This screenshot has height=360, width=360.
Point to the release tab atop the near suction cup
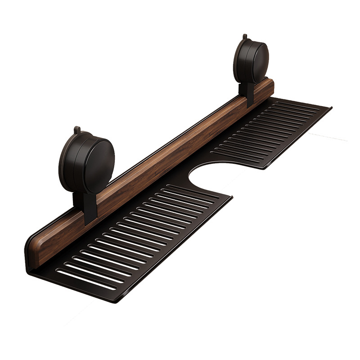tap(77, 130)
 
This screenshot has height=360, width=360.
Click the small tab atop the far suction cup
tap(244, 36)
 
